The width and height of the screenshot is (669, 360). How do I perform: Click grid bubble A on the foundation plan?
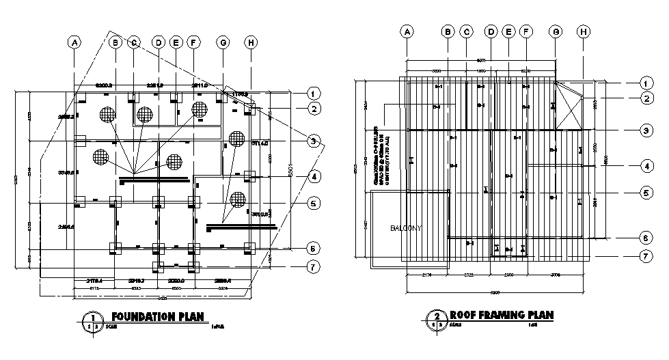click(74, 42)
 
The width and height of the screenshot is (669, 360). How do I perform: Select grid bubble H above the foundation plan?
click(251, 42)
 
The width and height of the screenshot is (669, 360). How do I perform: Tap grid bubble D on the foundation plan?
click(159, 42)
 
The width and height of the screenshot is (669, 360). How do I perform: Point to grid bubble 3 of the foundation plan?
click(313, 141)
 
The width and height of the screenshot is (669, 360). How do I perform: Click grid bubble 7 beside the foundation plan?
click(313, 266)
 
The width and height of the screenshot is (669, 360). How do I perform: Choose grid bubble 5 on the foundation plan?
click(313, 203)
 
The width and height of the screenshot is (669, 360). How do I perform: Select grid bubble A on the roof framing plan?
click(407, 31)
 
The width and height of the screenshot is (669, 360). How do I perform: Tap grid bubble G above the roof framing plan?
click(556, 31)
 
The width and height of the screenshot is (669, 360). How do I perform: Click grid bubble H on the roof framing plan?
click(583, 31)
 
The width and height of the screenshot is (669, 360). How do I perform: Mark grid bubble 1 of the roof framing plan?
click(644, 83)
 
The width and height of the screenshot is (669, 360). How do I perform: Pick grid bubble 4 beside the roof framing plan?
click(644, 165)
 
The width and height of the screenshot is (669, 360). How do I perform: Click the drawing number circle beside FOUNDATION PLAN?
click(90, 320)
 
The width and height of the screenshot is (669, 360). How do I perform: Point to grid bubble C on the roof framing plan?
click(466, 31)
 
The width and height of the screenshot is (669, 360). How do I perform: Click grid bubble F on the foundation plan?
click(193, 42)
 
